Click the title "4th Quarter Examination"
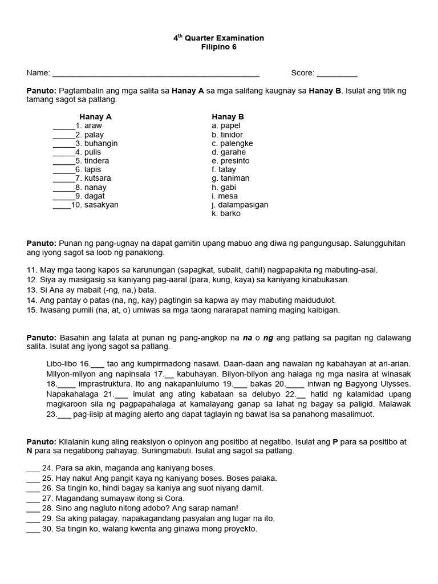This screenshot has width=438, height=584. tap(219, 38)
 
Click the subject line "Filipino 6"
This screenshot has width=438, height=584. tap(219, 47)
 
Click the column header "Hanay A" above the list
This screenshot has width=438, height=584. tap(95, 117)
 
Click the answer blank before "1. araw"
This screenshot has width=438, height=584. tap(64, 127)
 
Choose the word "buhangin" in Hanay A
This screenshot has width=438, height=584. tap(101, 143)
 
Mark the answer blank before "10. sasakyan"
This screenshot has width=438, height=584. tap(62, 205)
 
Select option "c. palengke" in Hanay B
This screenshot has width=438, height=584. tap(232, 143)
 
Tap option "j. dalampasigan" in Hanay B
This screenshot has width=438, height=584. tap(240, 205)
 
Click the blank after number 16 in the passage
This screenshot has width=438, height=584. tap(98, 364)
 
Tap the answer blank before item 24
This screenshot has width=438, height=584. tap(33, 468)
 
